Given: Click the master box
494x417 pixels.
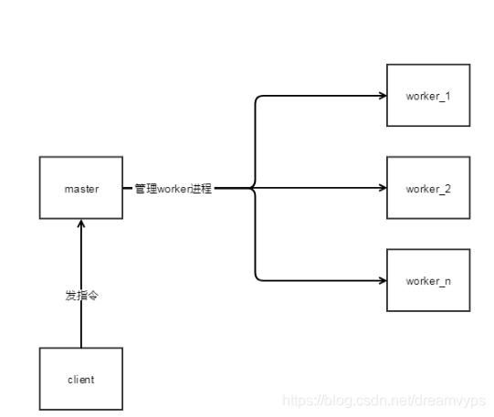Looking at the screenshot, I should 81,189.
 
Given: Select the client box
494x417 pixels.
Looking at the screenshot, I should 81,379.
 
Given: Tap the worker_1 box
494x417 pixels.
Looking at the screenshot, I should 428,95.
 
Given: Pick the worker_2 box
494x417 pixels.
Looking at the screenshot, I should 428,188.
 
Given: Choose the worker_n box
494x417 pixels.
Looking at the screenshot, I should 428,280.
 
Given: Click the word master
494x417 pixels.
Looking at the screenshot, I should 81,189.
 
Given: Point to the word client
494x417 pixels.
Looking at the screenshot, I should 81,379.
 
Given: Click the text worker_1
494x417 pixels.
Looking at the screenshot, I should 428,95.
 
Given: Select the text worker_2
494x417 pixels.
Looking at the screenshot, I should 428,188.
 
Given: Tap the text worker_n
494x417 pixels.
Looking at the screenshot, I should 428,280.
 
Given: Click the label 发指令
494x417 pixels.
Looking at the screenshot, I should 81,296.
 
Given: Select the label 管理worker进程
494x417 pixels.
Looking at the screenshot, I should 173,189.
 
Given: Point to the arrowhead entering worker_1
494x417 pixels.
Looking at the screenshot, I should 382,95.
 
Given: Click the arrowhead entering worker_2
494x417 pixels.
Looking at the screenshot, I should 382,188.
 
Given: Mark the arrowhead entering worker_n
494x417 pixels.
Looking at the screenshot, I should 382,280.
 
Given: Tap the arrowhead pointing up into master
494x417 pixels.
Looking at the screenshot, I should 81,225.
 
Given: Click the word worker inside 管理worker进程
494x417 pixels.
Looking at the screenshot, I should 173,189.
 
